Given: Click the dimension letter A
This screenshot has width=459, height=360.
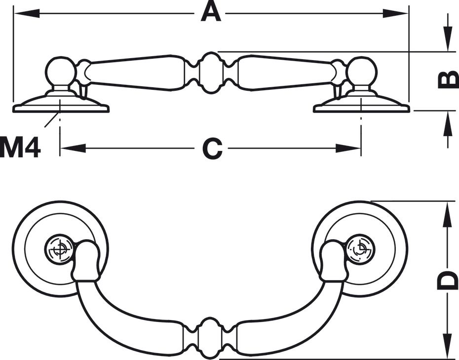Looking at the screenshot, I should point(211,12).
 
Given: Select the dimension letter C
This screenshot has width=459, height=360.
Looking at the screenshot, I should point(212,148).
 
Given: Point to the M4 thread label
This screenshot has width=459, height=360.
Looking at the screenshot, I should point(20,148).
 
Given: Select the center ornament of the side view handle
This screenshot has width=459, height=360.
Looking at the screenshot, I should point(211,72).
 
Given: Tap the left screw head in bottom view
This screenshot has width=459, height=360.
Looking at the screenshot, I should point(59,250).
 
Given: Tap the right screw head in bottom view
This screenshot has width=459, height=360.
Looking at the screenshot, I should point(361,249).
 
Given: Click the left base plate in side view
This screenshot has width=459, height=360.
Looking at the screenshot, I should point(61,105).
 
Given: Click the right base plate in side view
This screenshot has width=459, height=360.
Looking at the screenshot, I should point(361,105).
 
